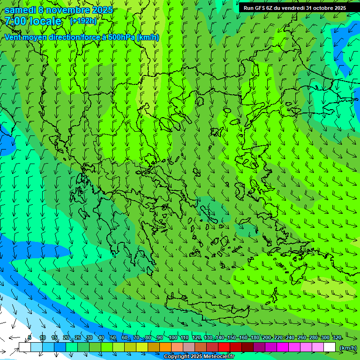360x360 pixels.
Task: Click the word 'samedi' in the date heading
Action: pyautogui.click(x=21, y=10)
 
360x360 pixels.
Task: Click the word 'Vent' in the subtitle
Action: pyautogui.click(x=14, y=37)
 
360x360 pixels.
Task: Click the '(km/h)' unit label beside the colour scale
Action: pyautogui.click(x=347, y=348)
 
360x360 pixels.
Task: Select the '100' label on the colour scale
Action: pyautogui.click(x=173, y=337)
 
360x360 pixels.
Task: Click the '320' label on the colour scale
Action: pyautogui.click(x=337, y=337)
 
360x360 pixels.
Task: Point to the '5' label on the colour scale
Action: pyautogui.click(x=30, y=337)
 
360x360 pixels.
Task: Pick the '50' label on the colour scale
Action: pyautogui.click(x=113, y=337)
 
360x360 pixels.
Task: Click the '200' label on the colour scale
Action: pyautogui.click(x=267, y=337)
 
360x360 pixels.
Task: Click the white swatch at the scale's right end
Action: pyautogui.click(x=330, y=347)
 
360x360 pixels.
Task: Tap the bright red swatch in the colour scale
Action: pyautogui.click(x=224, y=347)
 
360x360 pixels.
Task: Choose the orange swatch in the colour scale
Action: pyautogui.click(x=165, y=347)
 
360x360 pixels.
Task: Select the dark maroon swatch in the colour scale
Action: pyautogui.click(x=247, y=347)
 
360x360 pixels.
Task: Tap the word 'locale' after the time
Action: pyautogui.click(x=46, y=21)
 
